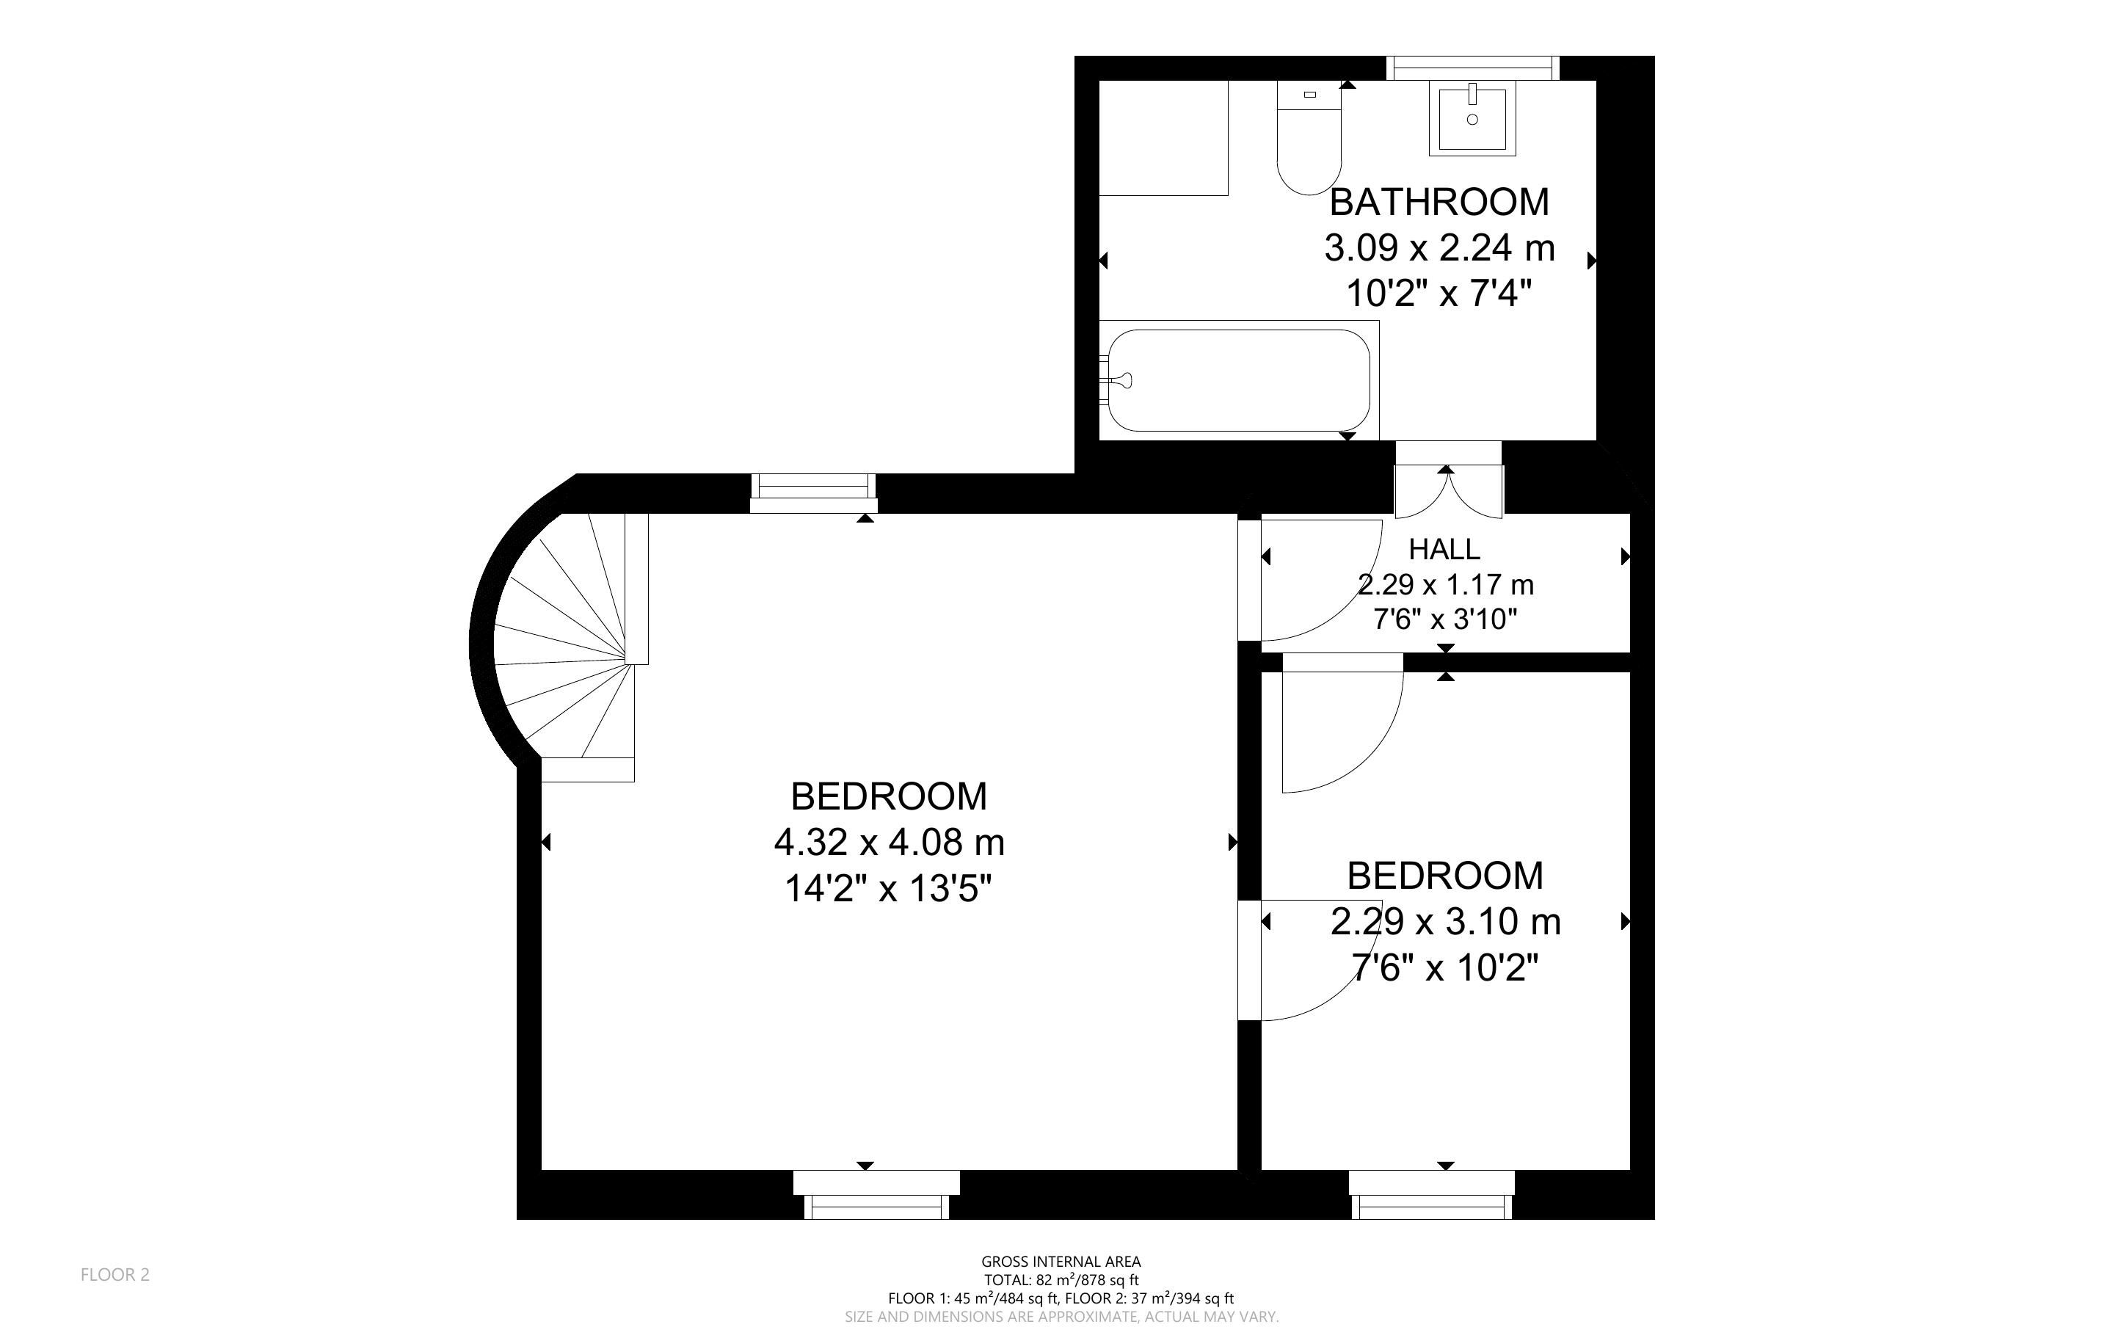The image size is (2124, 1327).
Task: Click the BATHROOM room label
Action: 1439,202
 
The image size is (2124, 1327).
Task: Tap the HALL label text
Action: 1444,550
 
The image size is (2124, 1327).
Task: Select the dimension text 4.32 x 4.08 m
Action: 889,843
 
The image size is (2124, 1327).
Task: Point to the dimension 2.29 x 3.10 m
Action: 1445,922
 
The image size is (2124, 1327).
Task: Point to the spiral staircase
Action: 570,646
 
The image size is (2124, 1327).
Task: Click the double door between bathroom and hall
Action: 1449,480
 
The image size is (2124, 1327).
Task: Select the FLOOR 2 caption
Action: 115,1274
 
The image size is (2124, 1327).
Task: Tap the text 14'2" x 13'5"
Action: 888,889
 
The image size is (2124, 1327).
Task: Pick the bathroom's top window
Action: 1473,68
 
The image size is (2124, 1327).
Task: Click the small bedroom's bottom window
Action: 1432,1196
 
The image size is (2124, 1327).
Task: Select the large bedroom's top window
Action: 813,493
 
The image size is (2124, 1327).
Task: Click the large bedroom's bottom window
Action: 876,1196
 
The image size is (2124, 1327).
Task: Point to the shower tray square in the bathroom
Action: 1163,138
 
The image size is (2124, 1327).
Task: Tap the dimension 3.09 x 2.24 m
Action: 1439,248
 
